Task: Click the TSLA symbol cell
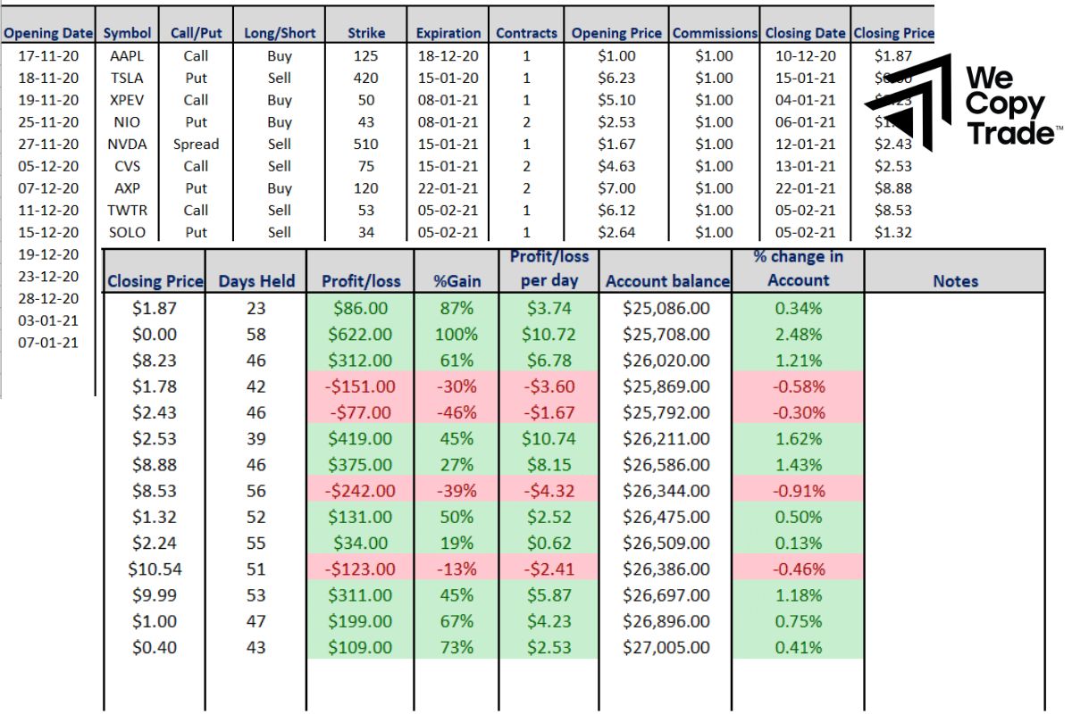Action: [126, 78]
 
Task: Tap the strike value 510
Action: [365, 144]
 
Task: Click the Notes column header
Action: [955, 281]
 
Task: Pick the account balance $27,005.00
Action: [666, 647]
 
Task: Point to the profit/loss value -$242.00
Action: [359, 491]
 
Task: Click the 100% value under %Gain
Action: [456, 335]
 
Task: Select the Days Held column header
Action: [256, 281]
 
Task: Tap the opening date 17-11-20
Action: [48, 55]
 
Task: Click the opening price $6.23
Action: [616, 78]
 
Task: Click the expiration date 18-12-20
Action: [448, 55]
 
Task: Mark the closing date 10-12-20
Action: [805, 55]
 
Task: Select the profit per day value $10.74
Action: [549, 439]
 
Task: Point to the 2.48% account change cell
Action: [798, 335]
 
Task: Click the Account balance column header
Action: [666, 281]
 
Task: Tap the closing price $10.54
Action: [155, 569]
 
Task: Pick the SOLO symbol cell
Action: [126, 232]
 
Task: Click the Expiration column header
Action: [448, 33]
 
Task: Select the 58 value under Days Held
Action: [255, 335]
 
